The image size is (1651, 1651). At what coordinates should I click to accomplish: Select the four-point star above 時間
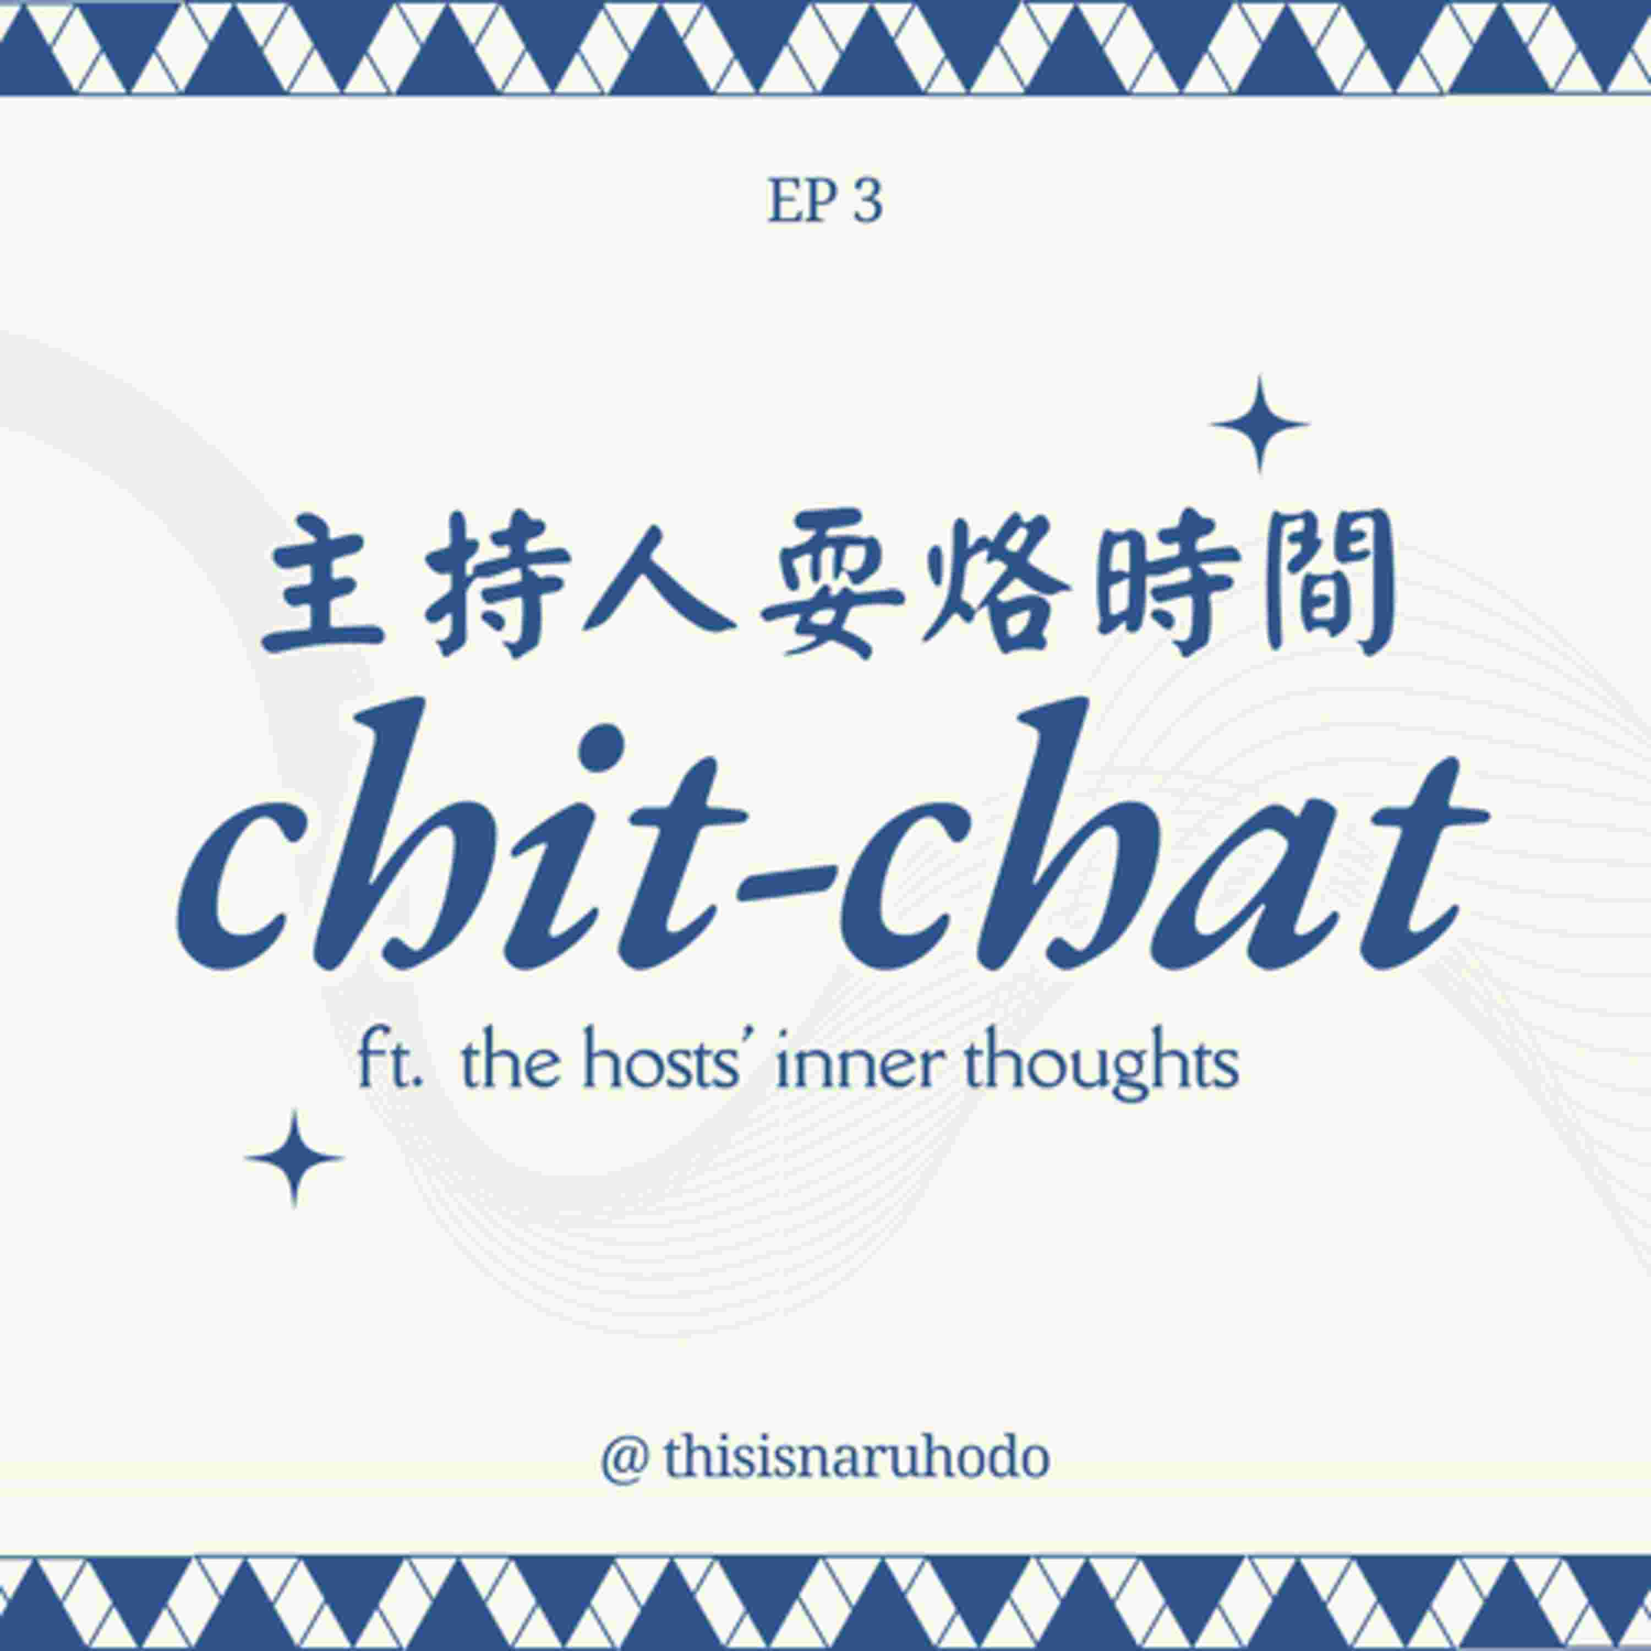1260,424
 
